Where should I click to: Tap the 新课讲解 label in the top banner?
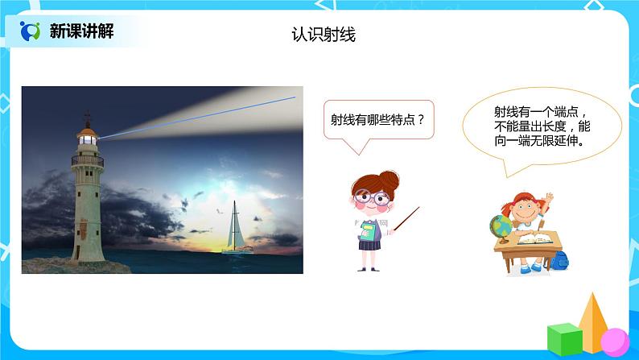click(81, 31)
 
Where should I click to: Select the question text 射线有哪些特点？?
click(378, 123)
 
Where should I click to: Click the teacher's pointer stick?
click(406, 218)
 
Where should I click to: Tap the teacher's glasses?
click(370, 196)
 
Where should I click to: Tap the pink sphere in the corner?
click(614, 339)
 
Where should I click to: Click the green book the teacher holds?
click(369, 234)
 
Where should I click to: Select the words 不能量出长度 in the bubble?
click(522, 126)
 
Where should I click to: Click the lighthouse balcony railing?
click(87, 160)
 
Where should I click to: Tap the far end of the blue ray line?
click(295, 97)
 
